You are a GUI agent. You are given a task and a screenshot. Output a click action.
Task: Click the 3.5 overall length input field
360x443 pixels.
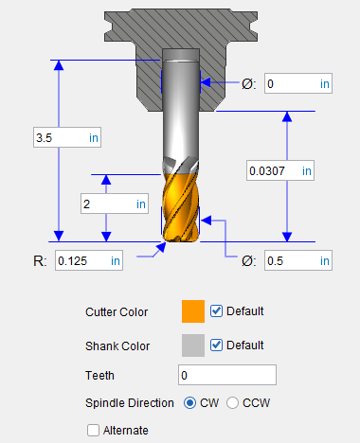[67, 137]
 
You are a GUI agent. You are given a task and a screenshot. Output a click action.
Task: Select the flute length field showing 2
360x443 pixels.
[115, 204]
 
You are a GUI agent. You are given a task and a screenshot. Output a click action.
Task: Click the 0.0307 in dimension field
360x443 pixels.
[280, 170]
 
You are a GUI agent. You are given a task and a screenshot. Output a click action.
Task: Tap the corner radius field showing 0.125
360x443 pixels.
[89, 260]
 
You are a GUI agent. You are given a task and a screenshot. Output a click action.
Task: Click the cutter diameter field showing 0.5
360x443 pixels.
[298, 260]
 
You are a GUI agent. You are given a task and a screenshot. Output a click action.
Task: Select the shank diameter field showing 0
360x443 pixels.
[298, 83]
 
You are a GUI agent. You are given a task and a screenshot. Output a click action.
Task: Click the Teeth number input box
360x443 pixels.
[227, 375]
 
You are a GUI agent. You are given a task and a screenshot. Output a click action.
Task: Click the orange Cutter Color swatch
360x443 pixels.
[193, 311]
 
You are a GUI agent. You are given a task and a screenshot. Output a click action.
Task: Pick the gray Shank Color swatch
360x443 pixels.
[193, 346]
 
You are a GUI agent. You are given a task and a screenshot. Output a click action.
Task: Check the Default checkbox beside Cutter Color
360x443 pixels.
[216, 311]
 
